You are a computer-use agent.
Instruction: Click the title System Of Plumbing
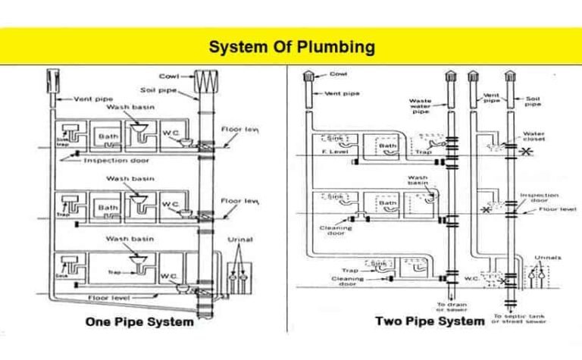(x=292, y=47)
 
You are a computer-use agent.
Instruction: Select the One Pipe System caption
(x=139, y=322)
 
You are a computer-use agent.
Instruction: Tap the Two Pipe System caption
(x=430, y=321)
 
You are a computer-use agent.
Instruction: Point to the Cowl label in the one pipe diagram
(x=168, y=76)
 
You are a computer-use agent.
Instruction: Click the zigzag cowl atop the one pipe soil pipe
(x=206, y=80)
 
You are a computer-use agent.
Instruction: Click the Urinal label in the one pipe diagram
(x=240, y=239)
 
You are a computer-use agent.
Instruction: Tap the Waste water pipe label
(x=420, y=106)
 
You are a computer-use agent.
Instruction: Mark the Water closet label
(x=533, y=137)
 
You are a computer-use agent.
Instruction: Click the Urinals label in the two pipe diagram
(x=547, y=258)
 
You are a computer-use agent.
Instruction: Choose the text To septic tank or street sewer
(x=520, y=319)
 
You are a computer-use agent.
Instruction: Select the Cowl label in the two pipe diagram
(x=339, y=74)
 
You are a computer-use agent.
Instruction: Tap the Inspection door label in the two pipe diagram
(x=539, y=198)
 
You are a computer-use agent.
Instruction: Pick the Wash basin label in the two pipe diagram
(x=418, y=181)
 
